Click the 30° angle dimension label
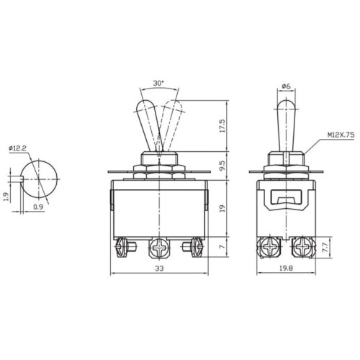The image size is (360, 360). click(x=158, y=84)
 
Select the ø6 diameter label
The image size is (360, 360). click(x=287, y=86)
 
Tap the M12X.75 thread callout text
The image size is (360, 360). click(x=341, y=135)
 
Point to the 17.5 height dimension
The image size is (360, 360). click(x=222, y=126)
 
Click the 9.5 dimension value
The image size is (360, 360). click(x=222, y=166)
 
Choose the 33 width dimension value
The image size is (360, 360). click(x=159, y=268)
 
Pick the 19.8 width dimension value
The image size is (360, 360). click(x=286, y=268)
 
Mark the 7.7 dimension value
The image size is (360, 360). click(x=325, y=247)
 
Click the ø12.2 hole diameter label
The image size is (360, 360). click(x=17, y=148)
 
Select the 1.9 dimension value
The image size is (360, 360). click(x=7, y=197)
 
